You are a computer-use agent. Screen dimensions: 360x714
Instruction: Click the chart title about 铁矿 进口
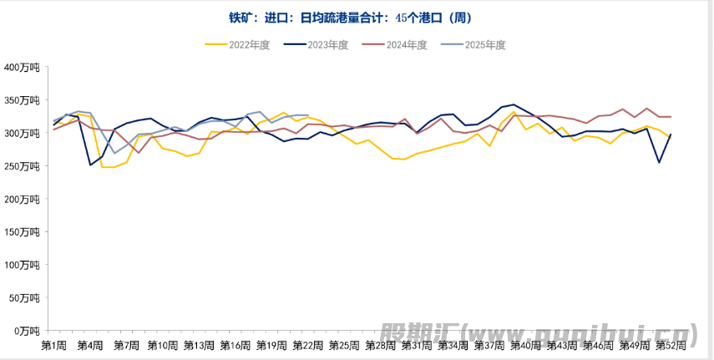click(x=356, y=18)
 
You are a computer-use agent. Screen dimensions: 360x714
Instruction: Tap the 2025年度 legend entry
click(x=473, y=45)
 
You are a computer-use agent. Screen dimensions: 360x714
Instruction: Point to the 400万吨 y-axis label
click(x=22, y=68)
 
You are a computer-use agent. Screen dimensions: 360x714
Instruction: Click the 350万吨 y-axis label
click(x=22, y=100)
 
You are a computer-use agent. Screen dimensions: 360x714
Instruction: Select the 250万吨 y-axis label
click(x=22, y=166)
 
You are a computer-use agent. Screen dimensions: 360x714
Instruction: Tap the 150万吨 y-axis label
click(x=22, y=232)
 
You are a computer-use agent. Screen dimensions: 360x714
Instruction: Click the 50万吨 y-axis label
click(x=24, y=298)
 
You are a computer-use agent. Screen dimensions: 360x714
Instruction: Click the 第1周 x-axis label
click(x=53, y=345)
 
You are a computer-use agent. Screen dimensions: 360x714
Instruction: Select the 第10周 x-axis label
click(x=162, y=345)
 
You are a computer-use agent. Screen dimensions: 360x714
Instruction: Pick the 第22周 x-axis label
click(x=308, y=345)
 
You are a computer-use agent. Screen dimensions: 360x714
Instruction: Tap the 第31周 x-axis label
click(x=417, y=345)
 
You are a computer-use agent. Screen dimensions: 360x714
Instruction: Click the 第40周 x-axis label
click(x=525, y=345)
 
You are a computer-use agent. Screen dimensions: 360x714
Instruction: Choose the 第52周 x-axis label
click(x=671, y=345)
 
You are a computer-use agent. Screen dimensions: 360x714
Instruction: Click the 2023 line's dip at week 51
click(x=659, y=162)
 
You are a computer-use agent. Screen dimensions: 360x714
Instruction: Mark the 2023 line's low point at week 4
click(x=90, y=165)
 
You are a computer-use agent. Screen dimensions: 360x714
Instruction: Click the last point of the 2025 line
click(x=308, y=115)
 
